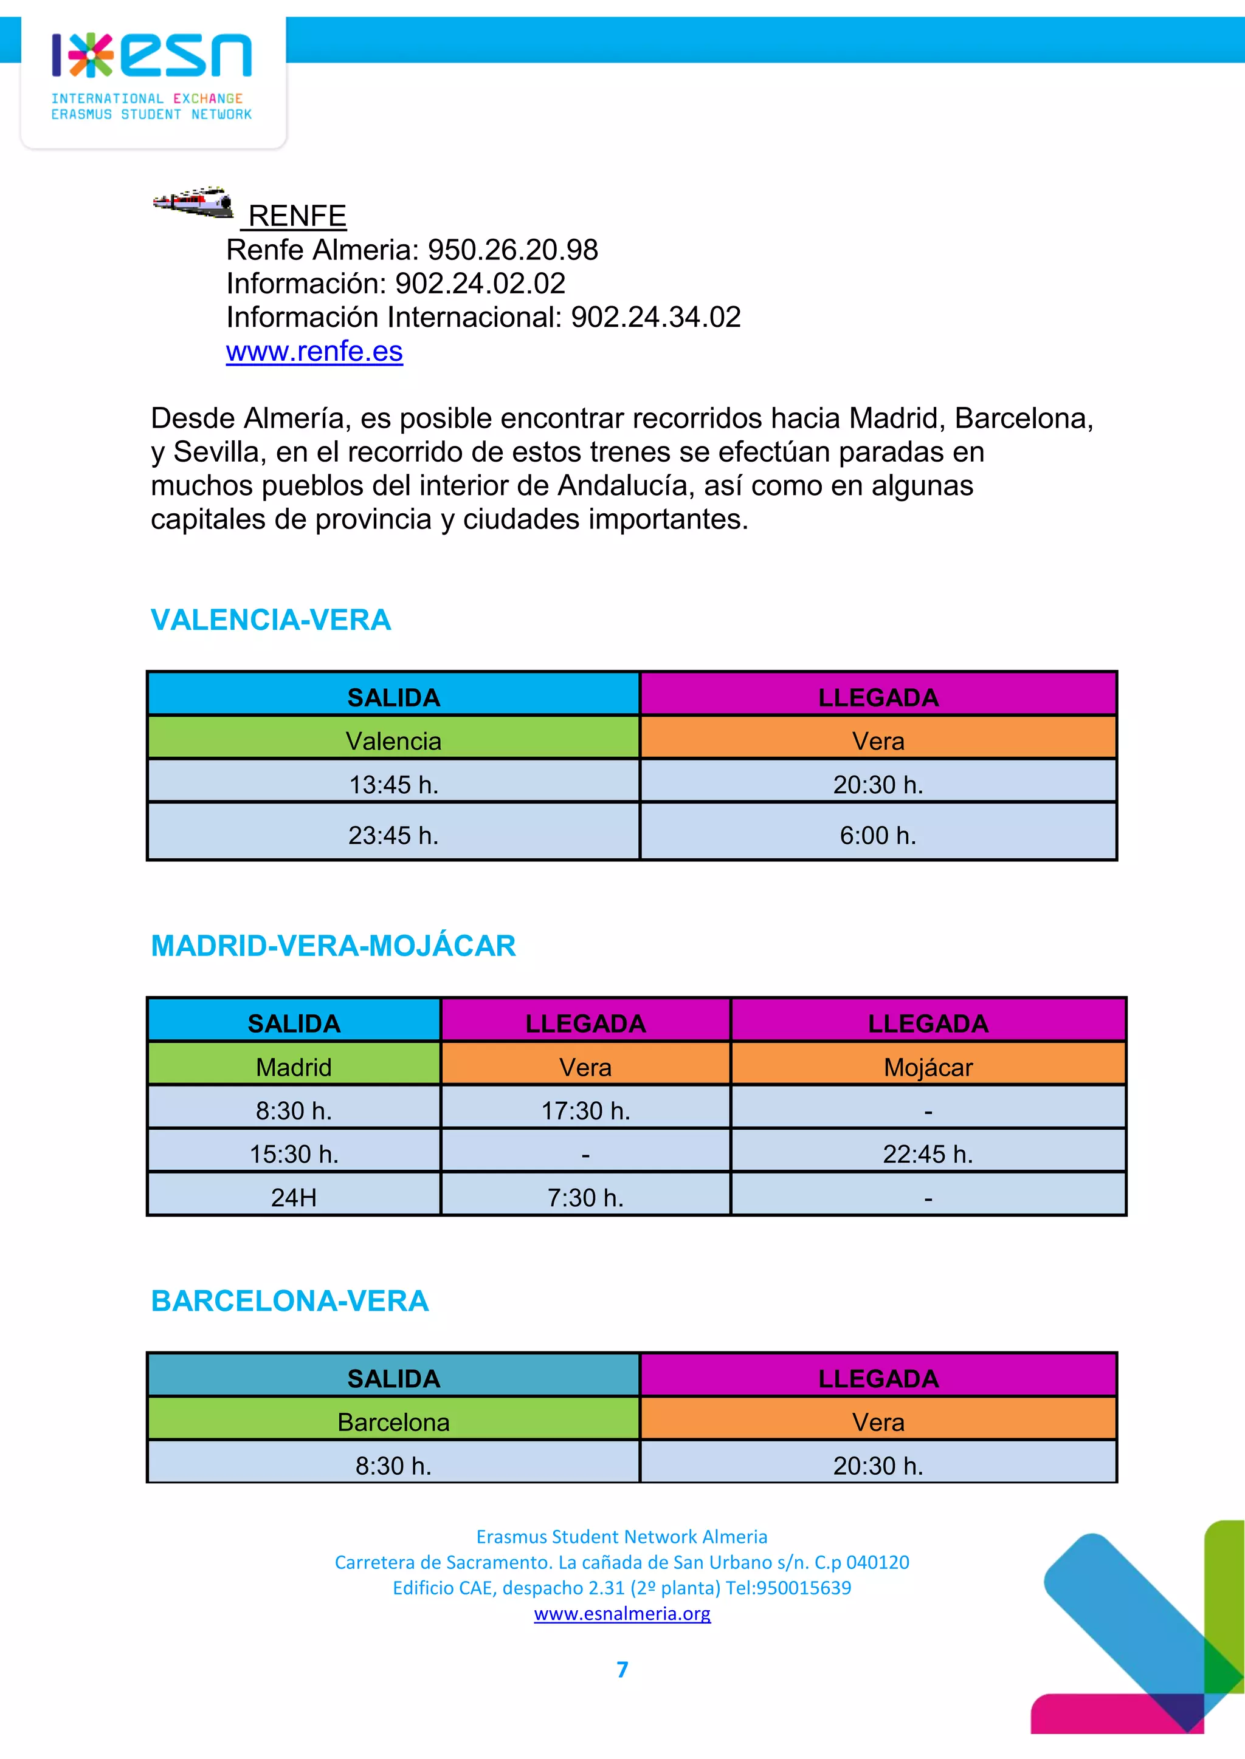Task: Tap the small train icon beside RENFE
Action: click(193, 202)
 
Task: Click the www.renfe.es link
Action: click(314, 351)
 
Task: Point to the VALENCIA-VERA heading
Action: click(271, 620)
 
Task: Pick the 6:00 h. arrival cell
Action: click(878, 835)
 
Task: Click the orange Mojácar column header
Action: click(928, 1067)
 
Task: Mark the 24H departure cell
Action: click(294, 1197)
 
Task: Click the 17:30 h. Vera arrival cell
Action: click(585, 1110)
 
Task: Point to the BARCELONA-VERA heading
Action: click(290, 1301)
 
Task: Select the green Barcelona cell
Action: click(393, 1421)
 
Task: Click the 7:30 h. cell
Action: click(585, 1197)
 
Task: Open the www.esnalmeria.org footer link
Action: click(622, 1613)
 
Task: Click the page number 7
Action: click(622, 1669)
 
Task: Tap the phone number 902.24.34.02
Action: click(655, 317)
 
